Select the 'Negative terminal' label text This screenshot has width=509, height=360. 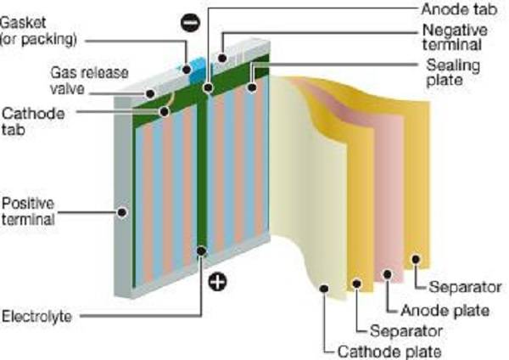click(x=451, y=37)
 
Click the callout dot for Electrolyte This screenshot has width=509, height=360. click(x=201, y=250)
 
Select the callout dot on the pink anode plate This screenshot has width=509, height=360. click(x=388, y=273)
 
